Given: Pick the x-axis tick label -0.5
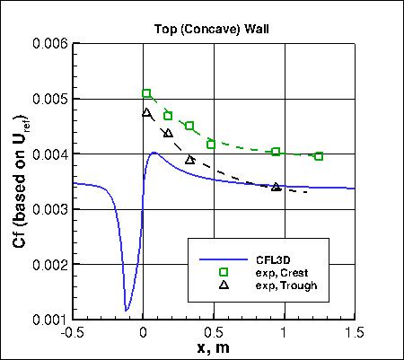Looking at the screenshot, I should click(73, 331).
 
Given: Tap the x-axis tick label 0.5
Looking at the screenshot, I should click(214, 331).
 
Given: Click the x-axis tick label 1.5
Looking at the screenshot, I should click(355, 331).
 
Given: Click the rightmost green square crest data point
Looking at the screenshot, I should click(319, 156).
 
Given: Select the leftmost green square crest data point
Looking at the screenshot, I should click(147, 93).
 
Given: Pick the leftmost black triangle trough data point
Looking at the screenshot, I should click(147, 112).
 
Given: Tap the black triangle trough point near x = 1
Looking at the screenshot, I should click(276, 187).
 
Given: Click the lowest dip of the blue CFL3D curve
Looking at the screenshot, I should click(127, 311).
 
